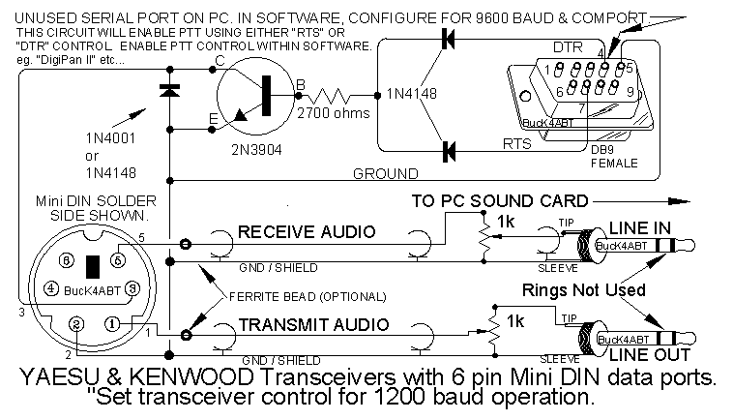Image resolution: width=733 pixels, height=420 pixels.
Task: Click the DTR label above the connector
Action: [x=568, y=46]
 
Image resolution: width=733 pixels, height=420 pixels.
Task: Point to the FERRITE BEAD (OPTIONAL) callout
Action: [x=307, y=294]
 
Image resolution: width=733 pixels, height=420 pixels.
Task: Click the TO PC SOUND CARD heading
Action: [x=499, y=201]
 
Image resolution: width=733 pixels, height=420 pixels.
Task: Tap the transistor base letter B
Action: [x=300, y=86]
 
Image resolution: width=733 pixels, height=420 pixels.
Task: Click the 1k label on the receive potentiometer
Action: [x=505, y=222]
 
